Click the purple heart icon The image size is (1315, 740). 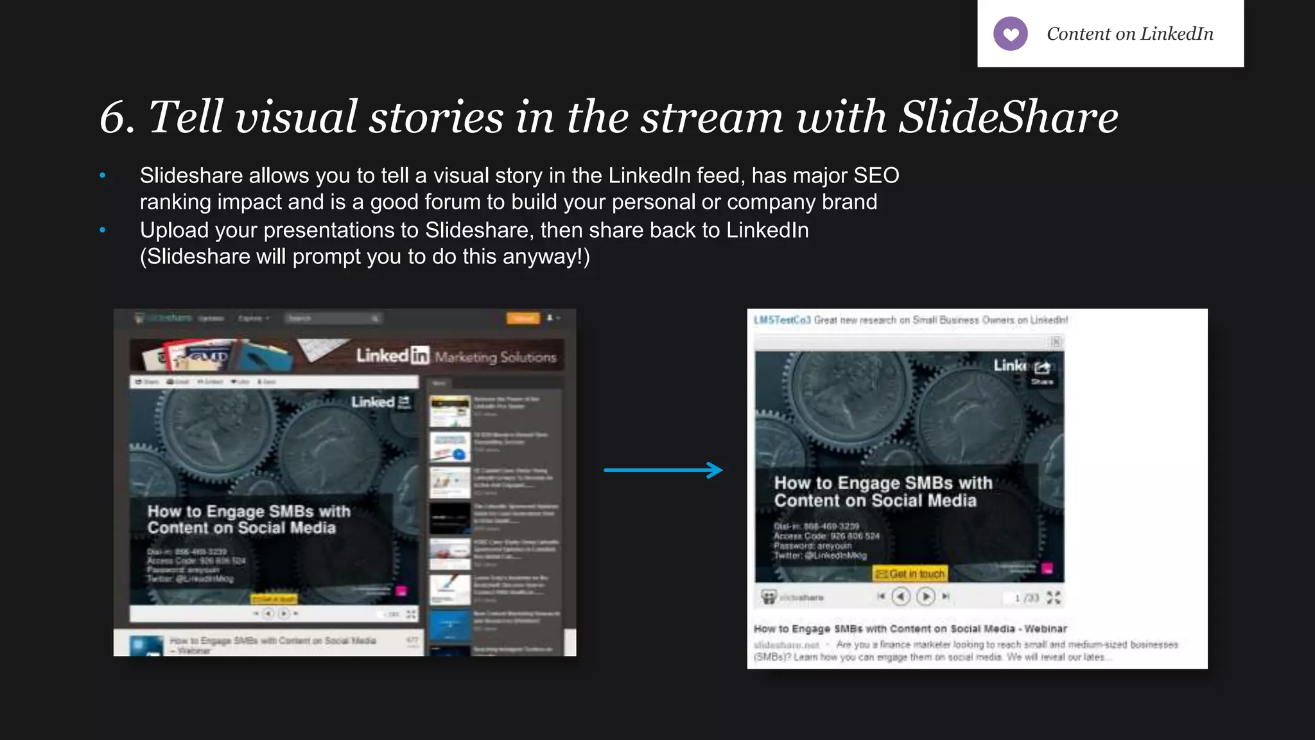coord(1010,34)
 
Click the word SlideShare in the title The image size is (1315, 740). coord(1007,117)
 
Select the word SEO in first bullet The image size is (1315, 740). coord(876,175)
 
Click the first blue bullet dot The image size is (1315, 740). coord(103,175)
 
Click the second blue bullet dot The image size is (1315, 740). coord(103,230)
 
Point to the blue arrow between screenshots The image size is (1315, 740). coord(663,470)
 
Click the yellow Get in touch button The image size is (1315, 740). coord(910,574)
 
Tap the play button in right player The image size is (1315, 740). coord(925,597)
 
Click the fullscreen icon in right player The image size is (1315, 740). coord(1054,597)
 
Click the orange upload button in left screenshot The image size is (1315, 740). coord(523,318)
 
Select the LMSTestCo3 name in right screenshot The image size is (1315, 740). coord(781,320)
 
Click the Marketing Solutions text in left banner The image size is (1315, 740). coord(495,357)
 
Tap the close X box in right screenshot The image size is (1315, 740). coord(1056,342)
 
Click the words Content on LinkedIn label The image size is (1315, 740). coord(1129,34)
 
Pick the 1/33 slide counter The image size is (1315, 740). coord(1026,598)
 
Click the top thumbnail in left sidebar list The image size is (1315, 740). coord(449,411)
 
